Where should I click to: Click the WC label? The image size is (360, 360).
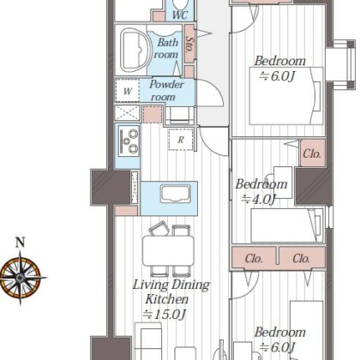click(x=180, y=15)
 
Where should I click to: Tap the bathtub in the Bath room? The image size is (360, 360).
click(x=134, y=51)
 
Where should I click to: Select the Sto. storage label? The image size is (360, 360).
click(x=189, y=44)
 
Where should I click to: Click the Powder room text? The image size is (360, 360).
click(x=166, y=91)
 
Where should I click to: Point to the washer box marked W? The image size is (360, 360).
click(x=128, y=91)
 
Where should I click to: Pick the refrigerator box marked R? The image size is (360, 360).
click(x=181, y=140)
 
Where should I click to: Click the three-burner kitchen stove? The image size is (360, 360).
click(x=129, y=141)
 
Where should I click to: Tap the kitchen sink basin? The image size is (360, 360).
click(x=175, y=194)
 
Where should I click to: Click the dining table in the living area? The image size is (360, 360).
click(x=168, y=251)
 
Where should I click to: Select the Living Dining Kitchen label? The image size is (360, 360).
click(x=171, y=292)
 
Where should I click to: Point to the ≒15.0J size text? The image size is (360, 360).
click(x=165, y=315)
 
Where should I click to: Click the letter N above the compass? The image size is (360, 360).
click(x=20, y=243)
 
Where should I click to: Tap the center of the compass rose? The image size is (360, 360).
click(x=20, y=278)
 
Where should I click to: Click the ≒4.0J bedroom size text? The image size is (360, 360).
click(x=259, y=199)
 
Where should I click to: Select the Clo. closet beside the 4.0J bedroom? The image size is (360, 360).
click(x=312, y=153)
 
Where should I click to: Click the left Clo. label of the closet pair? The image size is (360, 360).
click(x=254, y=259)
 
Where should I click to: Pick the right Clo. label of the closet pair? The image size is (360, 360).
click(x=302, y=259)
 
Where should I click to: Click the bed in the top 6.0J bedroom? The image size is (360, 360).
click(x=286, y=96)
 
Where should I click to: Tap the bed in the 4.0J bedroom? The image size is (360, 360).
click(x=287, y=225)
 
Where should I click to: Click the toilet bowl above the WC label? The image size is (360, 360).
click(x=180, y=4)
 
